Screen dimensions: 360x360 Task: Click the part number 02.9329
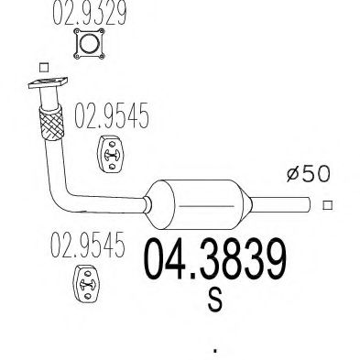[90, 12]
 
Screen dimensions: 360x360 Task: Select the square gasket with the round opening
[89, 44]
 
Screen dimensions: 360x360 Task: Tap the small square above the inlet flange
[44, 68]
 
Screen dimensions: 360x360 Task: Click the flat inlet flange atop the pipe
[48, 82]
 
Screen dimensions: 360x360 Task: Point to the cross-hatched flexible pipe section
[51, 123]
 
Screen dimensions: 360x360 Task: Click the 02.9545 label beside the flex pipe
[112, 115]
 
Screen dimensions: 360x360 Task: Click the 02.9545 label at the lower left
[88, 245]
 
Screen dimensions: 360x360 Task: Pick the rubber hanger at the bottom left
[86, 284]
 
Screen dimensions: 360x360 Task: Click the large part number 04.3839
[215, 259]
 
